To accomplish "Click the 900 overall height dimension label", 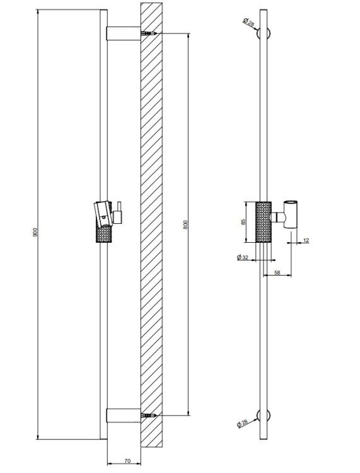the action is click(x=35, y=232).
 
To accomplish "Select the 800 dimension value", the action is click(x=185, y=225).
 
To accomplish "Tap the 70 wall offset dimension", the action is click(x=127, y=461).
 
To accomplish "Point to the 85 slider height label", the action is click(x=243, y=222).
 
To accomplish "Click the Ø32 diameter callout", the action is click(x=242, y=257).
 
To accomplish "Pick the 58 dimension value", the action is click(x=277, y=272).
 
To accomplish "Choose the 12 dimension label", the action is click(x=306, y=240).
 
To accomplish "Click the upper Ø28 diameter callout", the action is click(x=248, y=22).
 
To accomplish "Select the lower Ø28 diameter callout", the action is click(x=242, y=423).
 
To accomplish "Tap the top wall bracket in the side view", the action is click(x=124, y=33).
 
